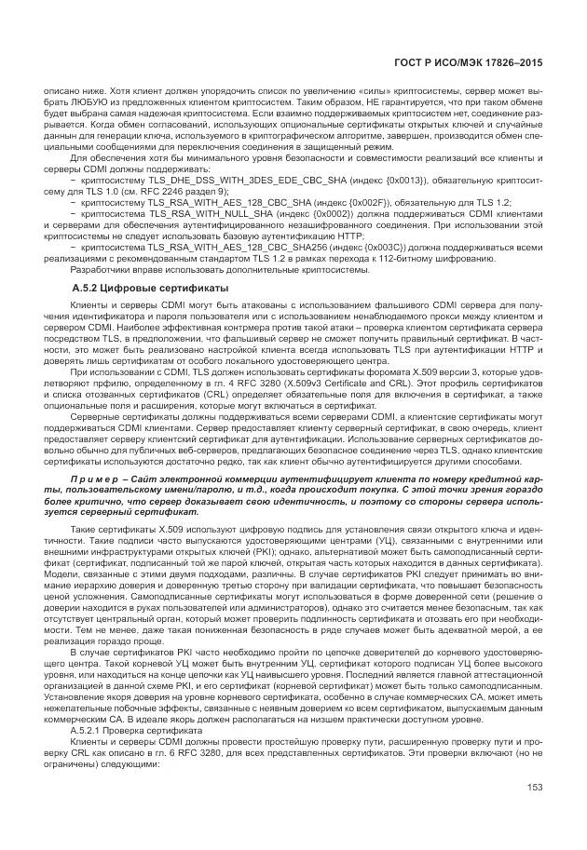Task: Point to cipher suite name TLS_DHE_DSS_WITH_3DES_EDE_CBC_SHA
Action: (x=214, y=183)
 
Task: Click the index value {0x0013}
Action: (x=364, y=183)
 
